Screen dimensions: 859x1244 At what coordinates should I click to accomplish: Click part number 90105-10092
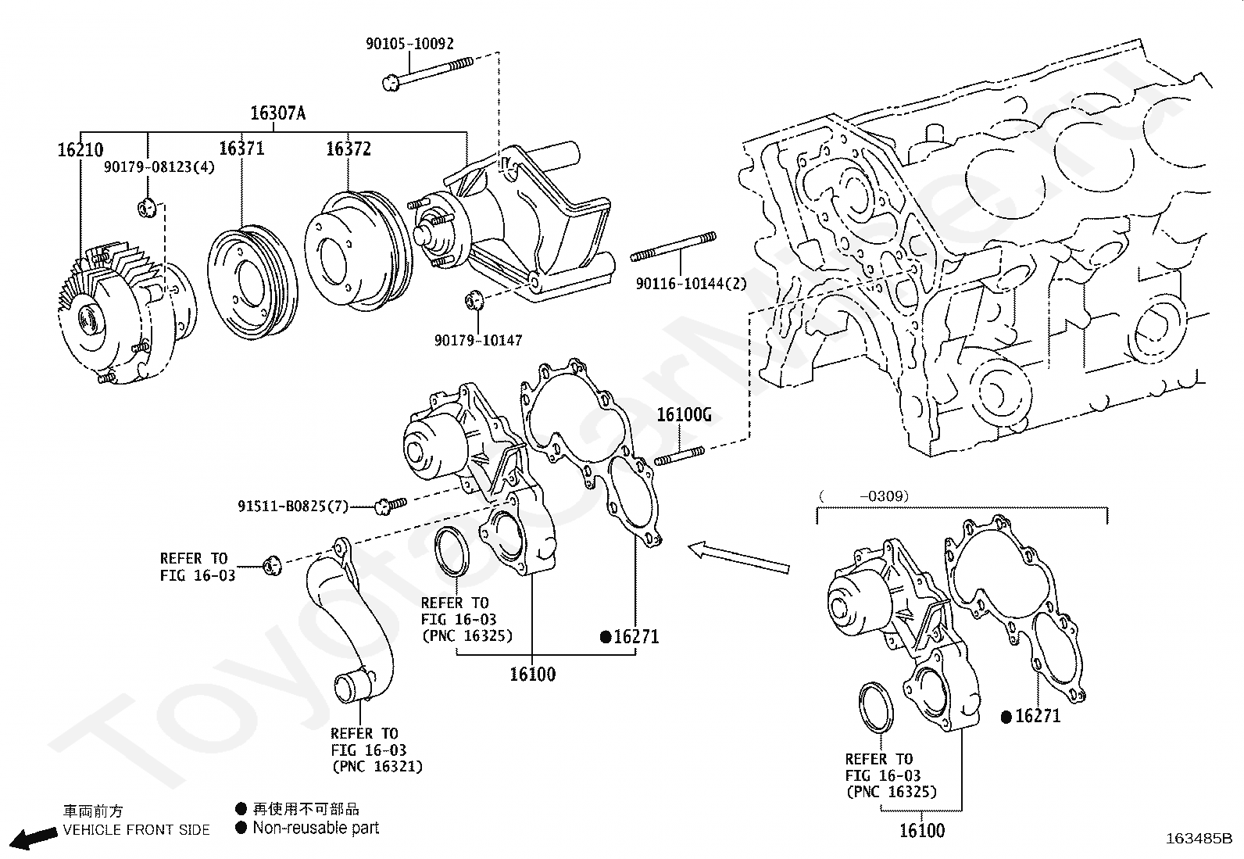pyautogui.click(x=409, y=45)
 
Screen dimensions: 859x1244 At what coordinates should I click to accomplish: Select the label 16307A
pyautogui.click(x=277, y=113)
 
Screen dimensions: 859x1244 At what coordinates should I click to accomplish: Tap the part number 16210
pyautogui.click(x=80, y=150)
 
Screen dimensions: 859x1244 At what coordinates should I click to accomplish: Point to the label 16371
pyautogui.click(x=241, y=149)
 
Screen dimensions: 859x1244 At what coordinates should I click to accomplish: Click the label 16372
pyautogui.click(x=349, y=149)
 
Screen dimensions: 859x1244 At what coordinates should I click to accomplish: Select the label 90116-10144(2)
pyautogui.click(x=691, y=284)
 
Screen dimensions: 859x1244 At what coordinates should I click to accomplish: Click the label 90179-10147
pyautogui.click(x=478, y=340)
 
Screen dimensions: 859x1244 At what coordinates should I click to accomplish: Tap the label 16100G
pyautogui.click(x=684, y=415)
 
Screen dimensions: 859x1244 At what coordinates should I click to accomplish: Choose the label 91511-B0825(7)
pyautogui.click(x=293, y=506)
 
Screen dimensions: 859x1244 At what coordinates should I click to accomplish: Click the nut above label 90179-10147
pyautogui.click(x=474, y=300)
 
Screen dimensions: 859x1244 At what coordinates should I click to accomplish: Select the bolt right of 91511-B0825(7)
pyautogui.click(x=391, y=505)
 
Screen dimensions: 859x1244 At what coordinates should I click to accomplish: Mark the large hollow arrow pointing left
pyautogui.click(x=738, y=558)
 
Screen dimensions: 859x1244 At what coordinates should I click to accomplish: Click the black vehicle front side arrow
pyautogui.click(x=35, y=839)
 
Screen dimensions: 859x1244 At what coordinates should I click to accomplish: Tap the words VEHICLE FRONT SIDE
pyautogui.click(x=137, y=830)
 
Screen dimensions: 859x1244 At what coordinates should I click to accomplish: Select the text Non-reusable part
pyautogui.click(x=316, y=828)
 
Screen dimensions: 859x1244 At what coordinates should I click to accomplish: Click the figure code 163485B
pyautogui.click(x=1199, y=840)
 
